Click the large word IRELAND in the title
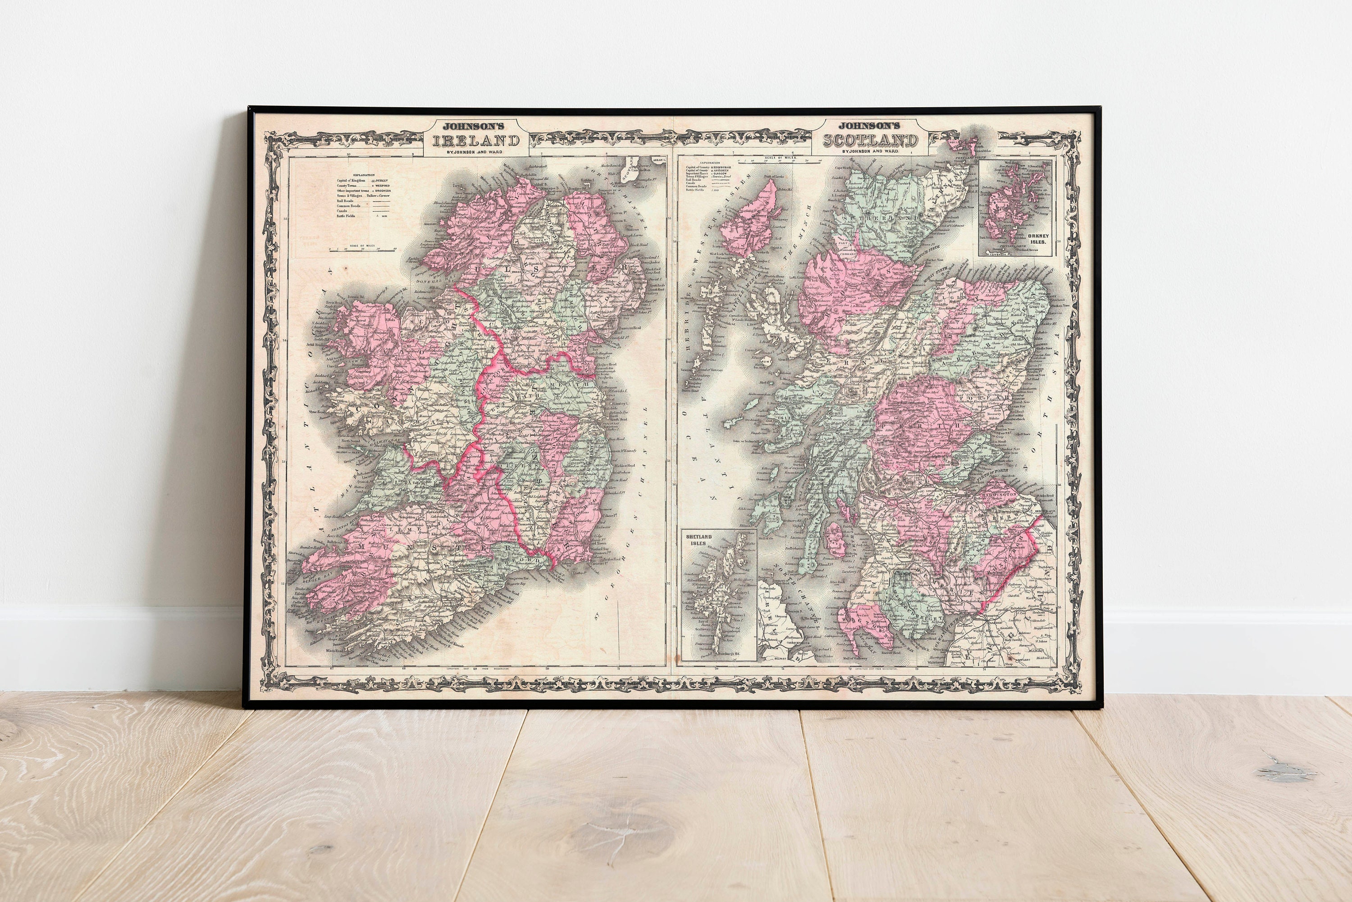coord(476,141)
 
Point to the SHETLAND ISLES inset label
coord(699,540)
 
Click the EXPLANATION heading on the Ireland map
coord(364,175)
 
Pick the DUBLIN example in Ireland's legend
coord(383,181)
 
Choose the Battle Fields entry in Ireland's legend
coord(347,216)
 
